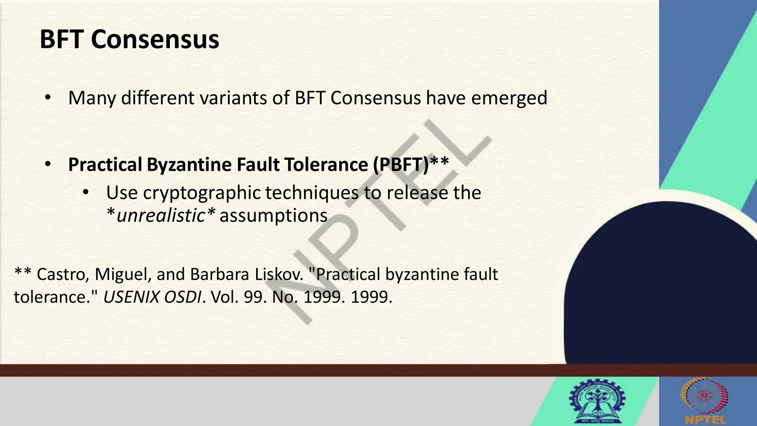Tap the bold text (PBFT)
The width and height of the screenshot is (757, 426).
(401, 165)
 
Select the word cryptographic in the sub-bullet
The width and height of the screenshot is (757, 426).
(202, 193)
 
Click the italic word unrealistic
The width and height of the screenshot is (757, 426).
(161, 216)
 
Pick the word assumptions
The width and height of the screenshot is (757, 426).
(274, 216)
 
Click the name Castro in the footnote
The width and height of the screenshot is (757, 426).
(63, 274)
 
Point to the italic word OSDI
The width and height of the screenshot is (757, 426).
(182, 297)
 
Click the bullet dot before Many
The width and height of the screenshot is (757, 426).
(47, 98)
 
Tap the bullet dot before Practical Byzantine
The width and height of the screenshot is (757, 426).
(47, 165)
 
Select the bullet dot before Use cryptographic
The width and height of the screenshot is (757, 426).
(85, 193)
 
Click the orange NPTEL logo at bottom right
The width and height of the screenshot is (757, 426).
(705, 401)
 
